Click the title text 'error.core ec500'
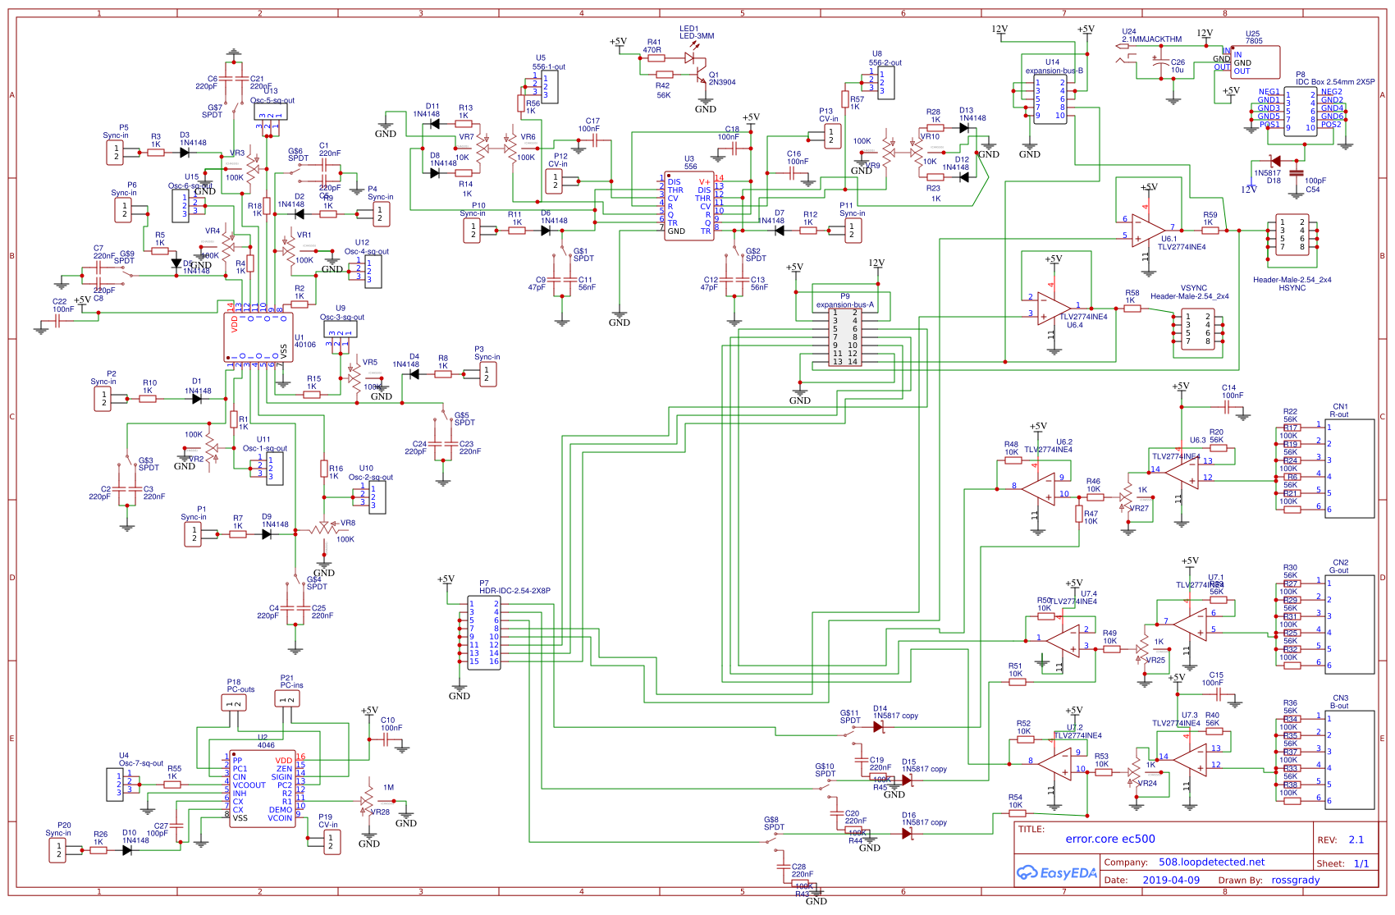coord(1110,839)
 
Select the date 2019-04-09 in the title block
coord(1170,880)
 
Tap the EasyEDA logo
coord(1057,872)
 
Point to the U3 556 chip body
coord(688,205)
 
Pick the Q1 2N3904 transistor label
coord(722,79)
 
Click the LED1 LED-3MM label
coord(697,32)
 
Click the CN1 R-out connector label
coord(1339,410)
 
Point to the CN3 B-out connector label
coord(1339,702)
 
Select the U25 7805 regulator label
coord(1253,38)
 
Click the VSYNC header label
coord(1193,288)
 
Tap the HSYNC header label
coord(1292,288)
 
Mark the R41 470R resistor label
coord(653,46)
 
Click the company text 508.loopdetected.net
coord(1211,862)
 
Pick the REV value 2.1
coord(1356,840)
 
